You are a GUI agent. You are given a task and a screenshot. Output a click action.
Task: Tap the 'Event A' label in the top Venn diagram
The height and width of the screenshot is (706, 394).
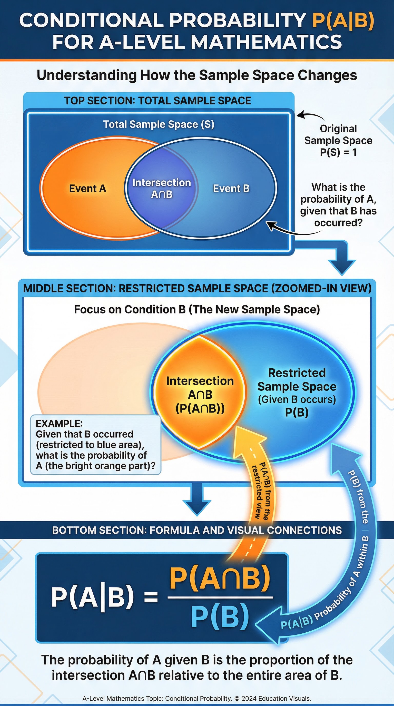click(87, 189)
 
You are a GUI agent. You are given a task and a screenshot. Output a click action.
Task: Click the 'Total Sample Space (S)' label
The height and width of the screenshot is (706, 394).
click(159, 124)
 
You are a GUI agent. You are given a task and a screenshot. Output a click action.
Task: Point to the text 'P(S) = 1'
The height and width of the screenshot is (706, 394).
click(338, 152)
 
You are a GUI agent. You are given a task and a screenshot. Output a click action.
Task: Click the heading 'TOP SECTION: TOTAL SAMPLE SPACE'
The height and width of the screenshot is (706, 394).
click(157, 101)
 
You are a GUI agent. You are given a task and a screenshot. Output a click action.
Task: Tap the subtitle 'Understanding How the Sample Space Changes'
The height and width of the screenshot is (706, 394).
click(197, 75)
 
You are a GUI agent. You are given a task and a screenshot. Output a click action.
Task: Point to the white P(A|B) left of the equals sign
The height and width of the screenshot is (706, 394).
click(92, 597)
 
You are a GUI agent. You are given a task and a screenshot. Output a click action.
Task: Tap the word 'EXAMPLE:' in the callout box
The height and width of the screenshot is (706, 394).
click(59, 424)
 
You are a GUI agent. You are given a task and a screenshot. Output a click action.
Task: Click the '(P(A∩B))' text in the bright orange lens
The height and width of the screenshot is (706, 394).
click(200, 409)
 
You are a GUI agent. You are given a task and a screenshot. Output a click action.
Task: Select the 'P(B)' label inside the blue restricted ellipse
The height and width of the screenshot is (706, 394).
click(297, 412)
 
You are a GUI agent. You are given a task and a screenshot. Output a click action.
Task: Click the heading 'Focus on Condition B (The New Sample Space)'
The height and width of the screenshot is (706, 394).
click(197, 309)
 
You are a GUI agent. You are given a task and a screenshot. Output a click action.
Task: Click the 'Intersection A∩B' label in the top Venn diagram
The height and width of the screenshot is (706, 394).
click(162, 188)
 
